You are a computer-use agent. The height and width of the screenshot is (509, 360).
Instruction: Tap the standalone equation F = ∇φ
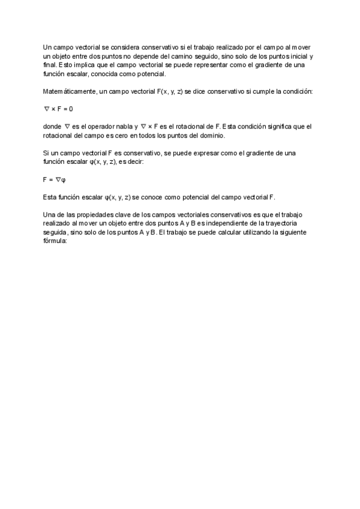(x=54, y=179)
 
